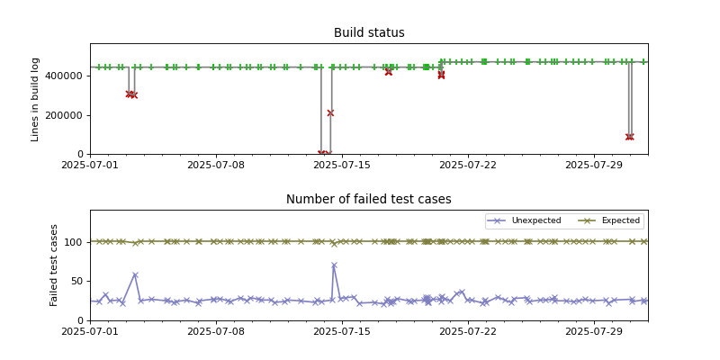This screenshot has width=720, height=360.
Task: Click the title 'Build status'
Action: (369, 33)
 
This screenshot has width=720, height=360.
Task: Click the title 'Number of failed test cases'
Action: (369, 200)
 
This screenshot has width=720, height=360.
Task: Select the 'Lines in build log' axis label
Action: (36, 99)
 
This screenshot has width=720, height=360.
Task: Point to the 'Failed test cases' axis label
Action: (54, 265)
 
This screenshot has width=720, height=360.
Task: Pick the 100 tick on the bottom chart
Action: (75, 242)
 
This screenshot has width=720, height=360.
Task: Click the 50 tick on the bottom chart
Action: (77, 281)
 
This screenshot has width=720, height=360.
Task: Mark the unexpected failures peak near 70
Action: (334, 265)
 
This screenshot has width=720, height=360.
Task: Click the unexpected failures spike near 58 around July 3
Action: (135, 275)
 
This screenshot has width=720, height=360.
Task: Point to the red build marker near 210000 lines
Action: (330, 112)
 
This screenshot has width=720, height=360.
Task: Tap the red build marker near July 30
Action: (629, 137)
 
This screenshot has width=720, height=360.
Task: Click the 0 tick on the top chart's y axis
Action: (81, 154)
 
